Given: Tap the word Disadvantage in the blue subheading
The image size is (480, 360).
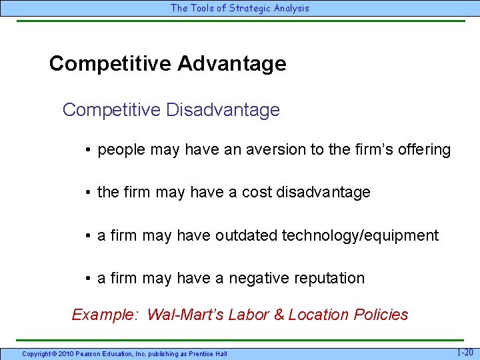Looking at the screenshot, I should (x=223, y=109).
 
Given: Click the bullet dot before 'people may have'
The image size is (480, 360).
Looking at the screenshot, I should (x=88, y=150).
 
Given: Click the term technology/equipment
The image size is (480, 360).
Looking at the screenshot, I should (x=361, y=235).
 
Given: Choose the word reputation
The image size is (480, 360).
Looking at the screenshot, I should (x=329, y=278).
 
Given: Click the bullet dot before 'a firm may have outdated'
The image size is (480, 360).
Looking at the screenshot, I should (x=88, y=236).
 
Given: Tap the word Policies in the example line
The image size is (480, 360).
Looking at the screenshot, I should (x=380, y=315).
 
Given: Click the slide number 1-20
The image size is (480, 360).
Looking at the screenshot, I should (x=465, y=352).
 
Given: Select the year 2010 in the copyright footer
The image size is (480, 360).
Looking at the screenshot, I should (x=65, y=353).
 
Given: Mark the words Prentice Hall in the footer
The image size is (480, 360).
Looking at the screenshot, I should (x=207, y=353).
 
